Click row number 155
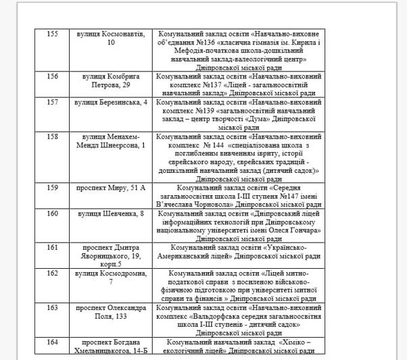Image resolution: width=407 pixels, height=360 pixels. pos(52,34)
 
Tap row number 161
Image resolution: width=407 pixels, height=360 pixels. pos(52,247)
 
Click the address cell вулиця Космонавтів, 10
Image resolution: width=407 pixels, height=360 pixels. pos(111,38)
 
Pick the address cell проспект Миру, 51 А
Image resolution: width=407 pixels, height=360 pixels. pos(111,187)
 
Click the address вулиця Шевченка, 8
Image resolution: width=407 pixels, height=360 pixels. pos(111,213)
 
